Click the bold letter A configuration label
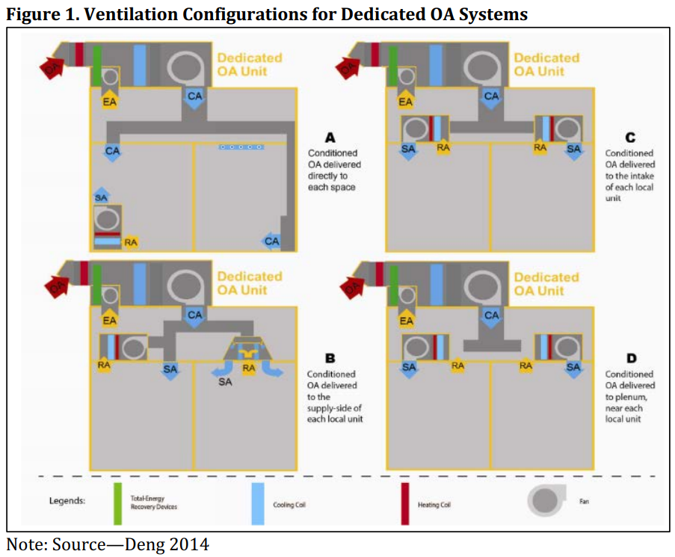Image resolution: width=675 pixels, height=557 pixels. point(330,138)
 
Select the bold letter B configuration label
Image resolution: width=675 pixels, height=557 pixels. point(330,359)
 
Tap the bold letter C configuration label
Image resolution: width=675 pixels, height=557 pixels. point(630,138)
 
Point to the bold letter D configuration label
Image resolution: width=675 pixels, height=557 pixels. point(630,359)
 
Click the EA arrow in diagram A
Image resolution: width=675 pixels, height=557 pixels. point(109,99)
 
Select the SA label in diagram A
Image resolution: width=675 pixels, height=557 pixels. point(102,197)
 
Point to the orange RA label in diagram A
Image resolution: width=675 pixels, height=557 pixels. point(131,242)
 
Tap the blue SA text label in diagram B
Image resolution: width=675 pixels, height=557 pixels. point(225,383)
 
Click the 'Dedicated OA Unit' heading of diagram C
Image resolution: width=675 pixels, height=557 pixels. point(546,64)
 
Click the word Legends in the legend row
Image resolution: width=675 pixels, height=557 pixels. point(67,501)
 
